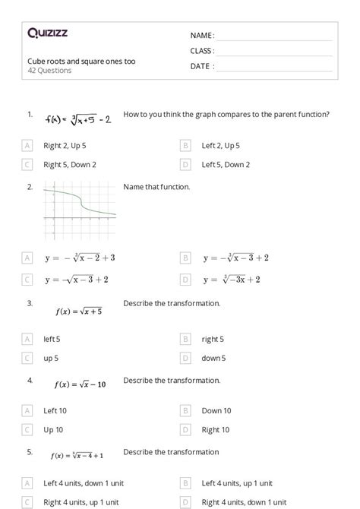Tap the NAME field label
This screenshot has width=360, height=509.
202,36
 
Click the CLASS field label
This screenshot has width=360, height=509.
202,51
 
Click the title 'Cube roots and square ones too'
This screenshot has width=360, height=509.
81,61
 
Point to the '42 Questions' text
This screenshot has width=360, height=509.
49,71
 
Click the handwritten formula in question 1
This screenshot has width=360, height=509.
78,119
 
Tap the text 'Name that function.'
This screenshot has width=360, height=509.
156,187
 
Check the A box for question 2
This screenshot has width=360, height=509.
28,258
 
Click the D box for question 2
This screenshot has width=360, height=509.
185,279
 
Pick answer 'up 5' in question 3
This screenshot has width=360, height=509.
51,358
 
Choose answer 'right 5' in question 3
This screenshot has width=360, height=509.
213,339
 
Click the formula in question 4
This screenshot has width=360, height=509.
81,384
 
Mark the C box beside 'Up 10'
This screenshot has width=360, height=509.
28,429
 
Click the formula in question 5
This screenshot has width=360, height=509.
77,456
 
